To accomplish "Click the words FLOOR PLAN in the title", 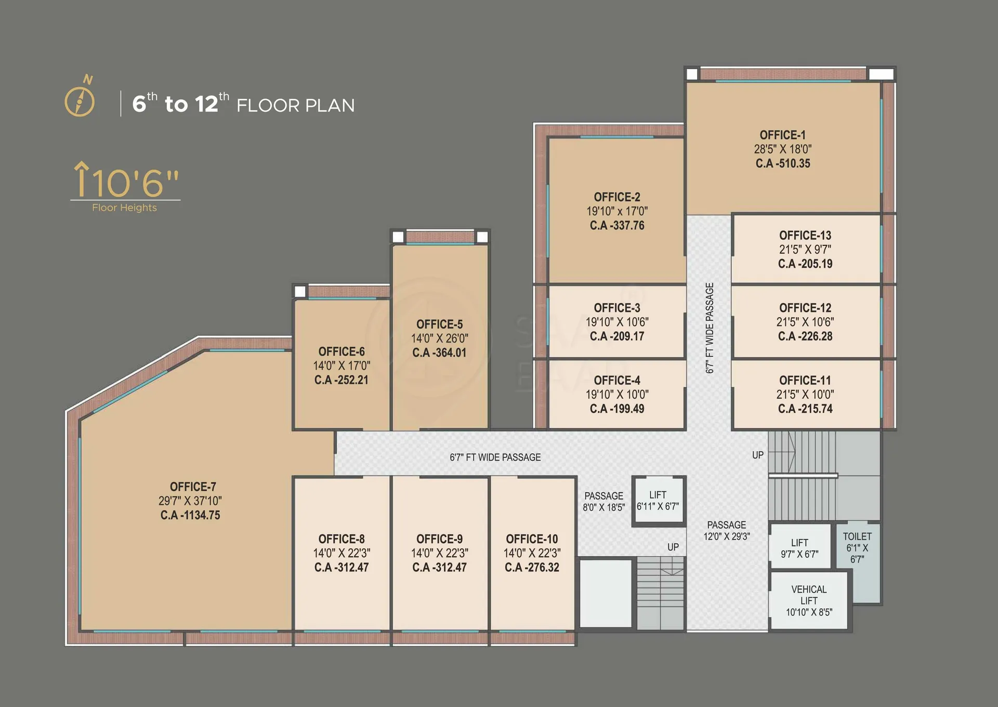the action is pyautogui.click(x=295, y=106).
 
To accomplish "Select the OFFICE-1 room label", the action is pyautogui.click(x=782, y=135).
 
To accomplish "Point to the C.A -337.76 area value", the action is pyautogui.click(x=617, y=226).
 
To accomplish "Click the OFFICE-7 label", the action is pyautogui.click(x=193, y=487).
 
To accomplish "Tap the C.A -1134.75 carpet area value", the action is pyautogui.click(x=190, y=515).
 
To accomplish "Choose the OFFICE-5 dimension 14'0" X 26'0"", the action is pyautogui.click(x=440, y=338).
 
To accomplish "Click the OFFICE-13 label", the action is pyautogui.click(x=805, y=235).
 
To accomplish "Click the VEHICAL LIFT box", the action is pyautogui.click(x=809, y=601).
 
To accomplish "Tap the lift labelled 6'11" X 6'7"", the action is pyautogui.click(x=658, y=501).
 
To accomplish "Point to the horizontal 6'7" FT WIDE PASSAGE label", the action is pyautogui.click(x=495, y=457).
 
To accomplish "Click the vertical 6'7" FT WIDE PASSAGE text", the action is pyautogui.click(x=710, y=328).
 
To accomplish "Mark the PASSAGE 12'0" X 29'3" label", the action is pyautogui.click(x=727, y=531).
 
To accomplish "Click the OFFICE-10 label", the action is pyautogui.click(x=532, y=539).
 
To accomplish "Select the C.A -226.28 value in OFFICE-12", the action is pyautogui.click(x=805, y=336).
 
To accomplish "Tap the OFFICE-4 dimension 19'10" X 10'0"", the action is pyautogui.click(x=617, y=395).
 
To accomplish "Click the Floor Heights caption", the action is pyautogui.click(x=124, y=208).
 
